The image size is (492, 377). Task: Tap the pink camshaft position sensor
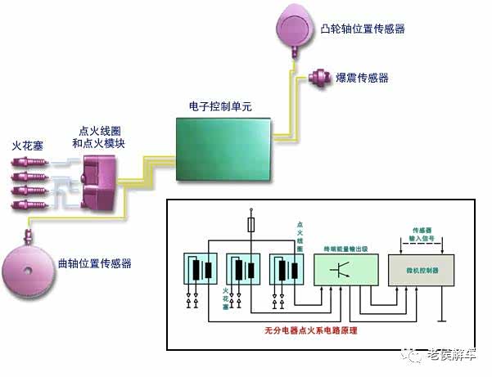pos(296,25)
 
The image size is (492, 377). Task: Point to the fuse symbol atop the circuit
pos(250,223)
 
